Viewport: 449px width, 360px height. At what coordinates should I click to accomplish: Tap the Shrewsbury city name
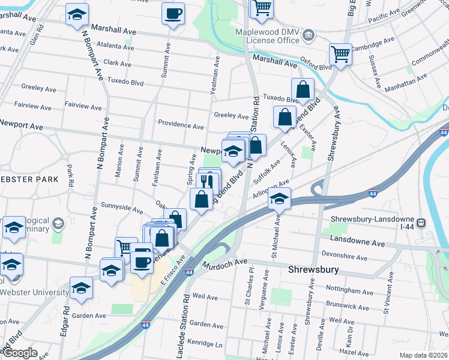(x=313, y=269)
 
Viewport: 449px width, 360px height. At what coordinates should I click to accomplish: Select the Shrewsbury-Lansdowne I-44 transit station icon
(x=422, y=223)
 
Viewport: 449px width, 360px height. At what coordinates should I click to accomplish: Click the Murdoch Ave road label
(x=224, y=263)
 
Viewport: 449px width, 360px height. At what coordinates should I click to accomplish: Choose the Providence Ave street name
(x=181, y=125)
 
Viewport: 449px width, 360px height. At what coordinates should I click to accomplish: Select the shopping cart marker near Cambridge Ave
(x=340, y=55)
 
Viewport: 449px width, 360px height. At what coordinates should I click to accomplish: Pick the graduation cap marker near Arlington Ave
(x=279, y=198)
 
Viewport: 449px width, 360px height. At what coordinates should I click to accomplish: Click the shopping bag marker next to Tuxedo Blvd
(x=303, y=89)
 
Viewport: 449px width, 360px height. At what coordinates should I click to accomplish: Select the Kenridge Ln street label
(x=205, y=346)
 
